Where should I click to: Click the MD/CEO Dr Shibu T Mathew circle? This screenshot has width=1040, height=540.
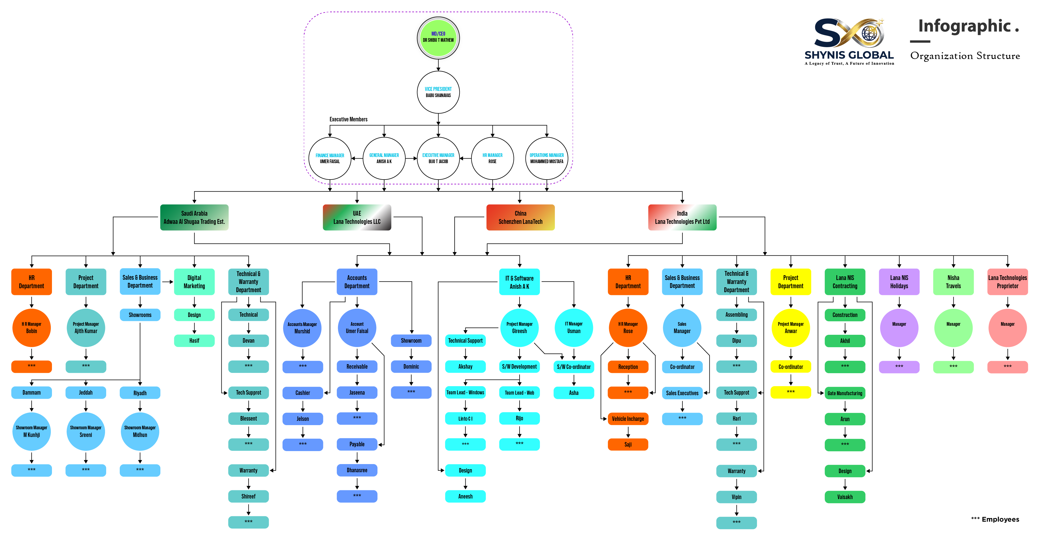438,38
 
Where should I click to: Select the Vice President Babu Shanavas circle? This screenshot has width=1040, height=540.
438,92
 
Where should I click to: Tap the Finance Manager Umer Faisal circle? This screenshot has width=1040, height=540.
330,158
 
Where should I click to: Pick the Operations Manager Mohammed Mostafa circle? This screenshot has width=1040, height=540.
547,158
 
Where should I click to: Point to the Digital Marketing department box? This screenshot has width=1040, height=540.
194,282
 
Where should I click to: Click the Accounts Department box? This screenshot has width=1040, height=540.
357,282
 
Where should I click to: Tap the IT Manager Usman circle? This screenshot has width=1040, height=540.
574,328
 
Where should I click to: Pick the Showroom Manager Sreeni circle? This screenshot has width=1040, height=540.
86,431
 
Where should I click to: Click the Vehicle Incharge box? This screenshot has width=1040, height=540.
628,419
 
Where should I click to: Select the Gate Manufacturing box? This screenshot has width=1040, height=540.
845,393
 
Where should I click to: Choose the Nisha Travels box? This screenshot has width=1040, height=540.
953,282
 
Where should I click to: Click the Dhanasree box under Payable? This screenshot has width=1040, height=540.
357,470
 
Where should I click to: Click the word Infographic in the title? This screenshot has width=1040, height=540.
964,27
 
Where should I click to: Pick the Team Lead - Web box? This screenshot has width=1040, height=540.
520,393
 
